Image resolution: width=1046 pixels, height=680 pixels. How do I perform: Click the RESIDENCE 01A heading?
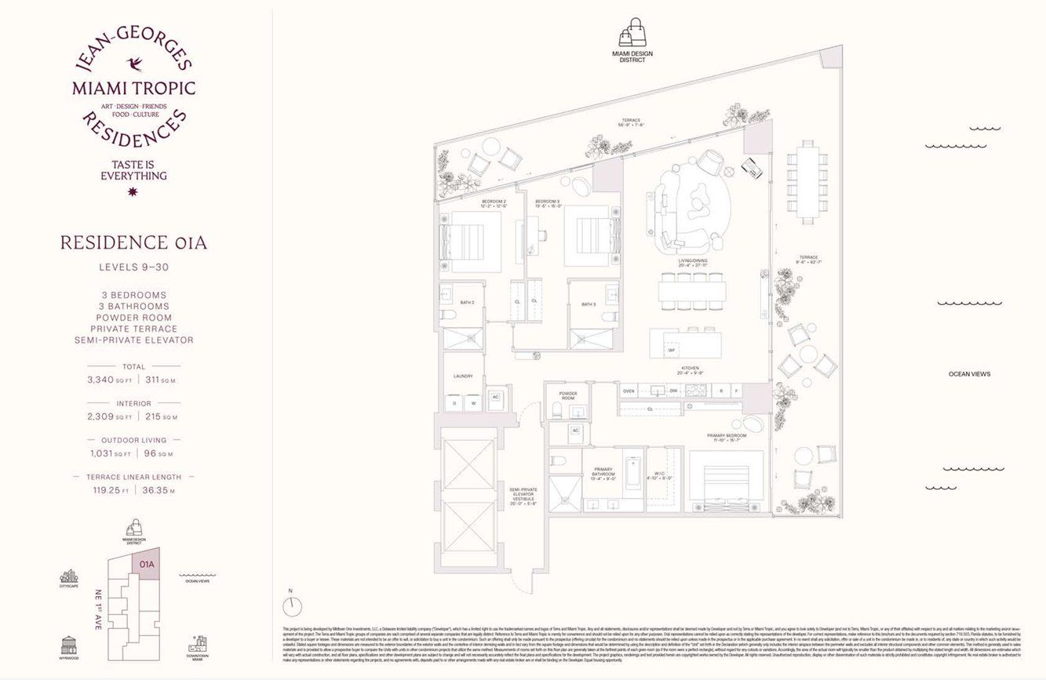pos(133,242)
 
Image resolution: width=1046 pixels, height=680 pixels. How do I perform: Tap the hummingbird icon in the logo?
pos(133,63)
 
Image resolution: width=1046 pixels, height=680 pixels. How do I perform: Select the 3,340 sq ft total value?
pos(109,380)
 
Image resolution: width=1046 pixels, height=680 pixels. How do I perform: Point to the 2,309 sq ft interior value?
pos(109,416)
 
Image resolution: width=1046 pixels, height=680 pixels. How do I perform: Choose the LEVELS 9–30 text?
pos(133,267)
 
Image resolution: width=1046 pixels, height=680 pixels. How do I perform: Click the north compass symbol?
pos(293,605)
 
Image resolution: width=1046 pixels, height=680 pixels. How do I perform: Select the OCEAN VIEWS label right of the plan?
pos(969,374)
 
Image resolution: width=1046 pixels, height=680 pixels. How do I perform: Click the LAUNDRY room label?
pos(463,376)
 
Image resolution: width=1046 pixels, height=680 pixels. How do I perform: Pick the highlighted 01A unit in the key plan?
pos(147,564)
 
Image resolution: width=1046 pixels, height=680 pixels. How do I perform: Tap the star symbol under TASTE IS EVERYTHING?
pos(133,191)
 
